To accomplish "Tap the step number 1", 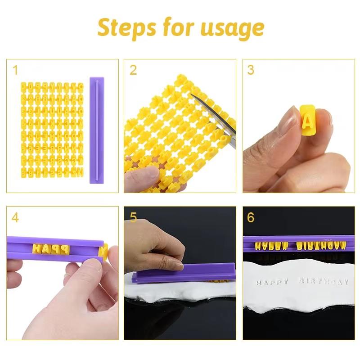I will pos(16,70).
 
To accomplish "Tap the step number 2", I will pos(133,70).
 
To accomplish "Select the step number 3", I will pos(251,70).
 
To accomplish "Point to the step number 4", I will pos(16,218).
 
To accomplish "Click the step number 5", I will pos(133,218).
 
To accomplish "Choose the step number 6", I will pos(251,218).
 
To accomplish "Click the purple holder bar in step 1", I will pos(98,130).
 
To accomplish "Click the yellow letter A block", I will pos(307,120).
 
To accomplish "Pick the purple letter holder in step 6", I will pos(295,246).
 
